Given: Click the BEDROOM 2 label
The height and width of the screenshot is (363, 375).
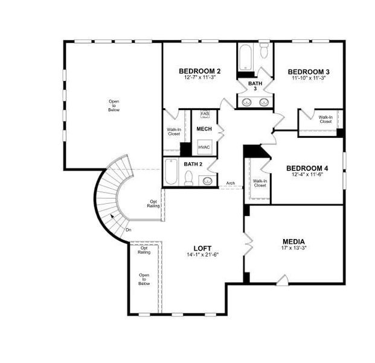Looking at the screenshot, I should point(199,71).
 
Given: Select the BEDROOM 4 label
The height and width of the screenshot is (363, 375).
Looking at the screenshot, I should point(307,168).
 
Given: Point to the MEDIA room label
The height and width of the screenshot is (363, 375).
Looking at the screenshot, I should point(293,241).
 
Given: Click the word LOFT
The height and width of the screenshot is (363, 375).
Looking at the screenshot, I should point(202,248).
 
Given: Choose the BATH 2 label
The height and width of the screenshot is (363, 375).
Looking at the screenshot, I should point(193,164).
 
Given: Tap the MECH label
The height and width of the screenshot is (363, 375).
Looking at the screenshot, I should point(204,129).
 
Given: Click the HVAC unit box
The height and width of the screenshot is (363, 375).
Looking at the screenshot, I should point(204,146).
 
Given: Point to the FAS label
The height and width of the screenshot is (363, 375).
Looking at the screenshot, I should point(205,114).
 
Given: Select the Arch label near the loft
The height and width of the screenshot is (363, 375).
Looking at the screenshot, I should point(231,183).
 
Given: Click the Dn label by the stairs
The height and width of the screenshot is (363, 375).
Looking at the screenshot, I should point(128,230).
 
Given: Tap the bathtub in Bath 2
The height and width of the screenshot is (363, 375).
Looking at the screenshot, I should point(170,173).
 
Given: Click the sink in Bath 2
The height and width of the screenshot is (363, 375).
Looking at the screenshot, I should point(208,180).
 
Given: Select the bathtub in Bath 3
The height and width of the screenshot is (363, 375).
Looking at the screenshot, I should point(246,58).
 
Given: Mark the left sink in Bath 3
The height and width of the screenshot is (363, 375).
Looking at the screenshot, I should point(248,102).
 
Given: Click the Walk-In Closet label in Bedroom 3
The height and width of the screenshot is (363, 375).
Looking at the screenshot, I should point(325,119).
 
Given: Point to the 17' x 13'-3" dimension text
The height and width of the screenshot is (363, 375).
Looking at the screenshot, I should point(293,247).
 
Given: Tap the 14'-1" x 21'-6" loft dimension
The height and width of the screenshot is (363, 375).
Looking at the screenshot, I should point(202,255).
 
